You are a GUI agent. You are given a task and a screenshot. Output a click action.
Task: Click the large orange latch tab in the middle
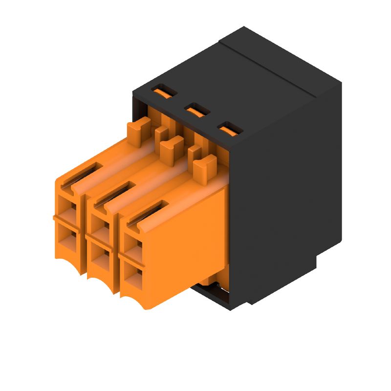coord(171,148)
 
